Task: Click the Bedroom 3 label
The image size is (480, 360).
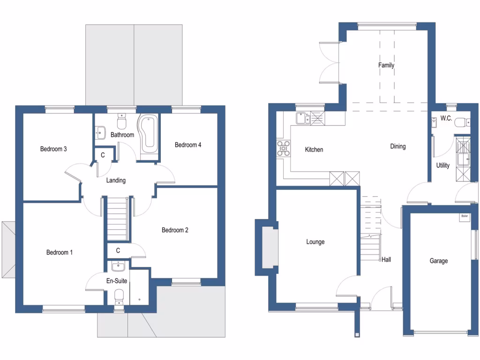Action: click(53, 149)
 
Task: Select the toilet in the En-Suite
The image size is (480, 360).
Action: click(119, 296)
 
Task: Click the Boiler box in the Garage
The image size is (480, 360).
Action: click(464, 217)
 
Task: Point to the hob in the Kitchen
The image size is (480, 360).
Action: click(283, 148)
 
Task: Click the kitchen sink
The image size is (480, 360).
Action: click(302, 119)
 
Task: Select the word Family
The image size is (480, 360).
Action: click(386, 65)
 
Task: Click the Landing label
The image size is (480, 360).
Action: click(116, 180)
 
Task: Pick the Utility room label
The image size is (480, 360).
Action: click(442, 165)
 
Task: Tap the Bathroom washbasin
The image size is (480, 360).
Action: click(100, 132)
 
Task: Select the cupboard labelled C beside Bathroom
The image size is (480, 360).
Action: click(103, 155)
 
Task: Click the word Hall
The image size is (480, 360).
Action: click(386, 259)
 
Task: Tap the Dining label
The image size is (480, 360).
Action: click(397, 146)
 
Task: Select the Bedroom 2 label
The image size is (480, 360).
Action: click(174, 230)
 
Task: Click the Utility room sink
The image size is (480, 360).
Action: click(463, 159)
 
